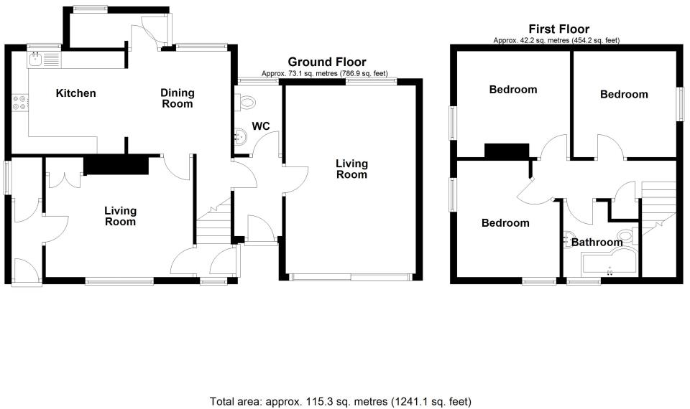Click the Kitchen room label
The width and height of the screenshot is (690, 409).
[76, 93]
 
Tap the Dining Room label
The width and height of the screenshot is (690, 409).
[177, 98]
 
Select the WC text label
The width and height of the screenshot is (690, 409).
[261, 126]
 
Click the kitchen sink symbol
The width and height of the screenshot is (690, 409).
[45, 58]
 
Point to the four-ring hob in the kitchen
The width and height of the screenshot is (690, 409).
[19, 103]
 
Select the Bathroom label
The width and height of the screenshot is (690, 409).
[597, 243]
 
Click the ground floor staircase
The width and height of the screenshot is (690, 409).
[213, 222]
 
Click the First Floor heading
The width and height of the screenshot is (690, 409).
[558, 29]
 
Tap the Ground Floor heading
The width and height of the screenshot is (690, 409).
[326, 62]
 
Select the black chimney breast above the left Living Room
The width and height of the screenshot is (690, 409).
[116, 166]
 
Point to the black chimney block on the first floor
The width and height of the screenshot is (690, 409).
[507, 151]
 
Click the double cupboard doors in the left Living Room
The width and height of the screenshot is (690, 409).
[66, 179]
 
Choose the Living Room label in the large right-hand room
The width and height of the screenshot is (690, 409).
[351, 169]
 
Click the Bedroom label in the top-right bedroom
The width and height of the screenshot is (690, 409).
[624, 94]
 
